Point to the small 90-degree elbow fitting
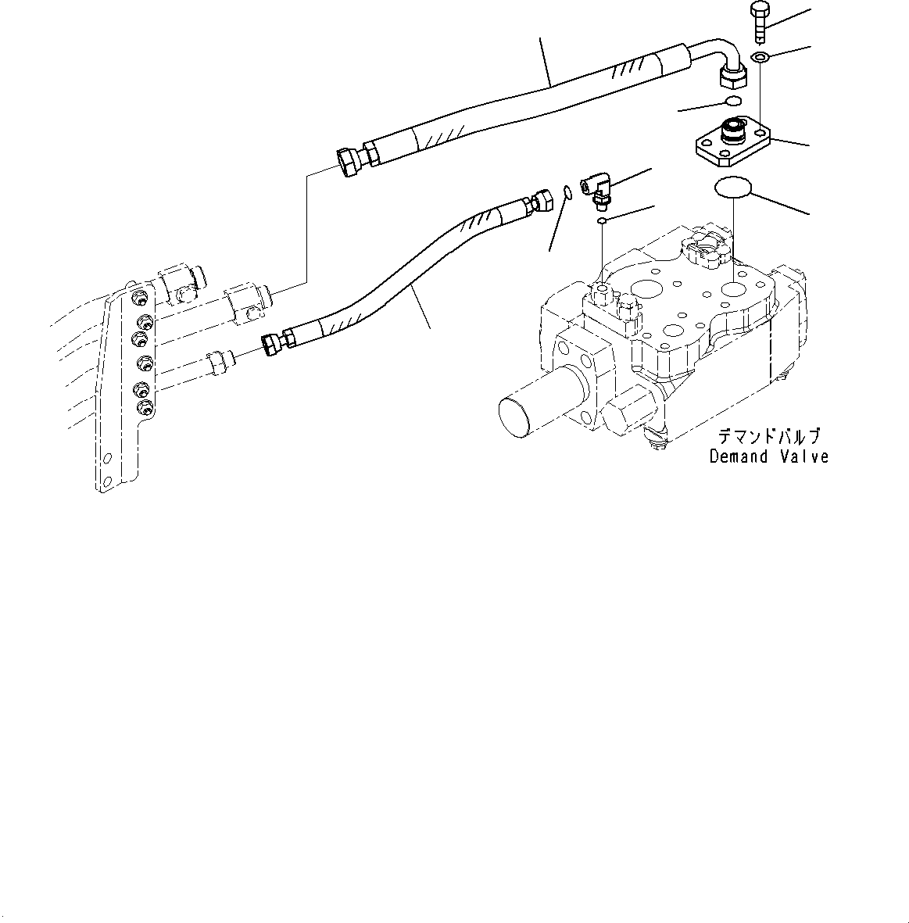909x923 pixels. point(599,191)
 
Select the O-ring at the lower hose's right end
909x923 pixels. point(567,191)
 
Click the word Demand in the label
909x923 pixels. point(739,456)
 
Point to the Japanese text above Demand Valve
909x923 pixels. point(770,437)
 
